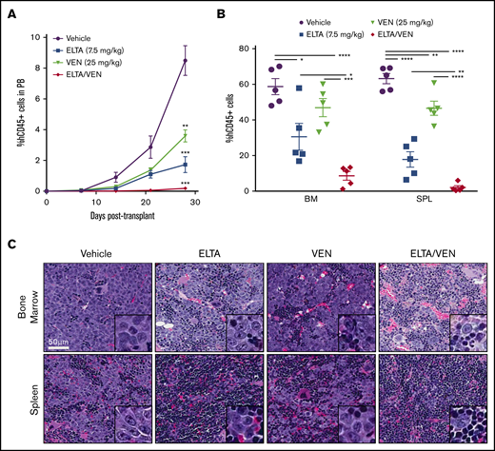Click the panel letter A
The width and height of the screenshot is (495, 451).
click(12, 12)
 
